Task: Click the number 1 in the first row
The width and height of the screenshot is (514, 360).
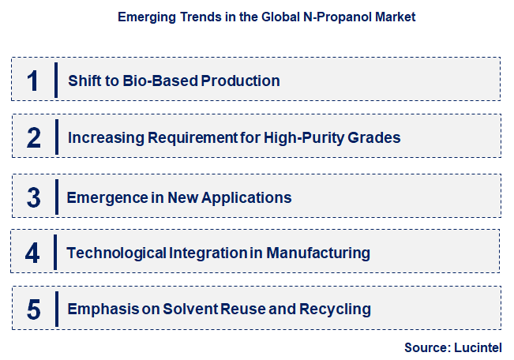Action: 32,81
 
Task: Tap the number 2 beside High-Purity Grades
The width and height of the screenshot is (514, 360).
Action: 33,137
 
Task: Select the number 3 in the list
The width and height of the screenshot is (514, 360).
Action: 33,197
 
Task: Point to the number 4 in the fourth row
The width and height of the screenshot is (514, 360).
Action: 32,253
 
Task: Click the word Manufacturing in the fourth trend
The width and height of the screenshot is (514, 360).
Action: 318,253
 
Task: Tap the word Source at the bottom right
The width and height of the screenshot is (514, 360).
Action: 427,347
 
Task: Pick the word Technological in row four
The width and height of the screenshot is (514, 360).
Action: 116,253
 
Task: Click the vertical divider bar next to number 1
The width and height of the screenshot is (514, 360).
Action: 56,81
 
